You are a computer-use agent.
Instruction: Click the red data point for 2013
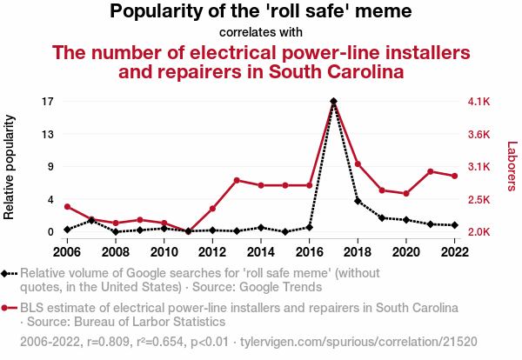237,180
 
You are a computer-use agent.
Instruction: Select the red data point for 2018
358,164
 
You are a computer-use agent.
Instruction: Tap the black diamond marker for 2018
358,201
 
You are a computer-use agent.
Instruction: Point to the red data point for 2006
67,206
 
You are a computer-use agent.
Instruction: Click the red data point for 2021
431,171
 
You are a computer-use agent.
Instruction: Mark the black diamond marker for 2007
91,220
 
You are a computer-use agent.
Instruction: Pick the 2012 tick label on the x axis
212,252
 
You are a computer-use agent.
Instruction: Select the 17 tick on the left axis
49,102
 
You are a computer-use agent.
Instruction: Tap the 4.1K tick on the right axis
479,102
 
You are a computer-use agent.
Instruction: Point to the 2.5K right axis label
479,200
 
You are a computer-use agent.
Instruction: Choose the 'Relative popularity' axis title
11,166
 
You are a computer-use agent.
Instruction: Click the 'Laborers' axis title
512,167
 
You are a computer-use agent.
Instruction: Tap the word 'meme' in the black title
381,12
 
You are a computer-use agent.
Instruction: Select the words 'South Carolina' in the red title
336,72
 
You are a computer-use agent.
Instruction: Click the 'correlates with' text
261,32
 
